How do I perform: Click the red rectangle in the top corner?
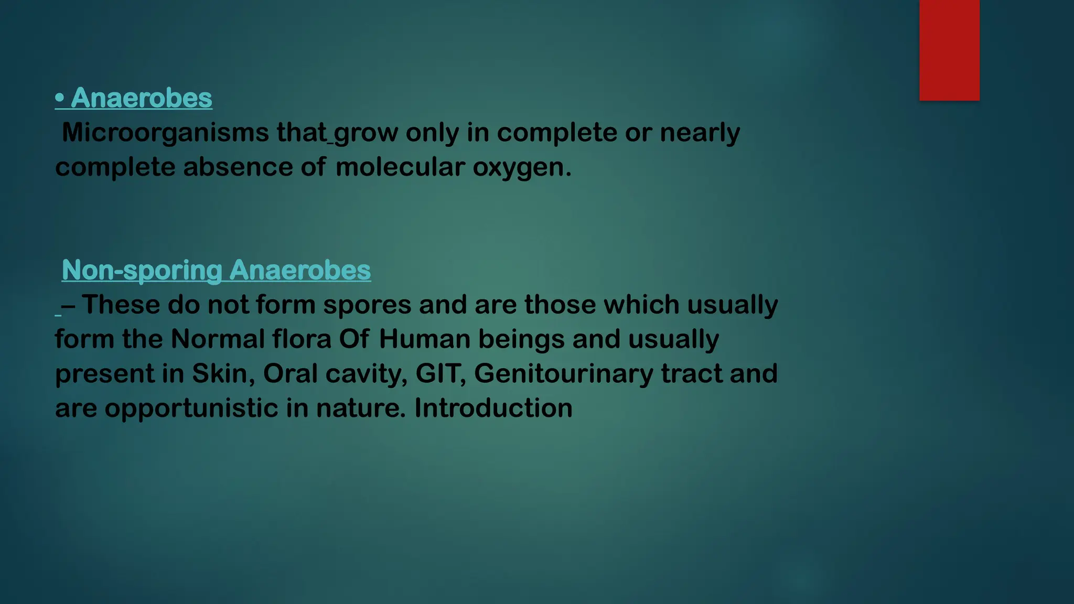coord(949,50)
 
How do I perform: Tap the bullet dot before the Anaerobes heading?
coord(60,98)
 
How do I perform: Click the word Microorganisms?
coord(165,133)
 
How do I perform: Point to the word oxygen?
coord(519,168)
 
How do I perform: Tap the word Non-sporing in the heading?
coord(142,271)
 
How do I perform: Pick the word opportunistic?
coord(191,409)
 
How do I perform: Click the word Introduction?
coord(493,408)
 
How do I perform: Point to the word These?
coord(121,305)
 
